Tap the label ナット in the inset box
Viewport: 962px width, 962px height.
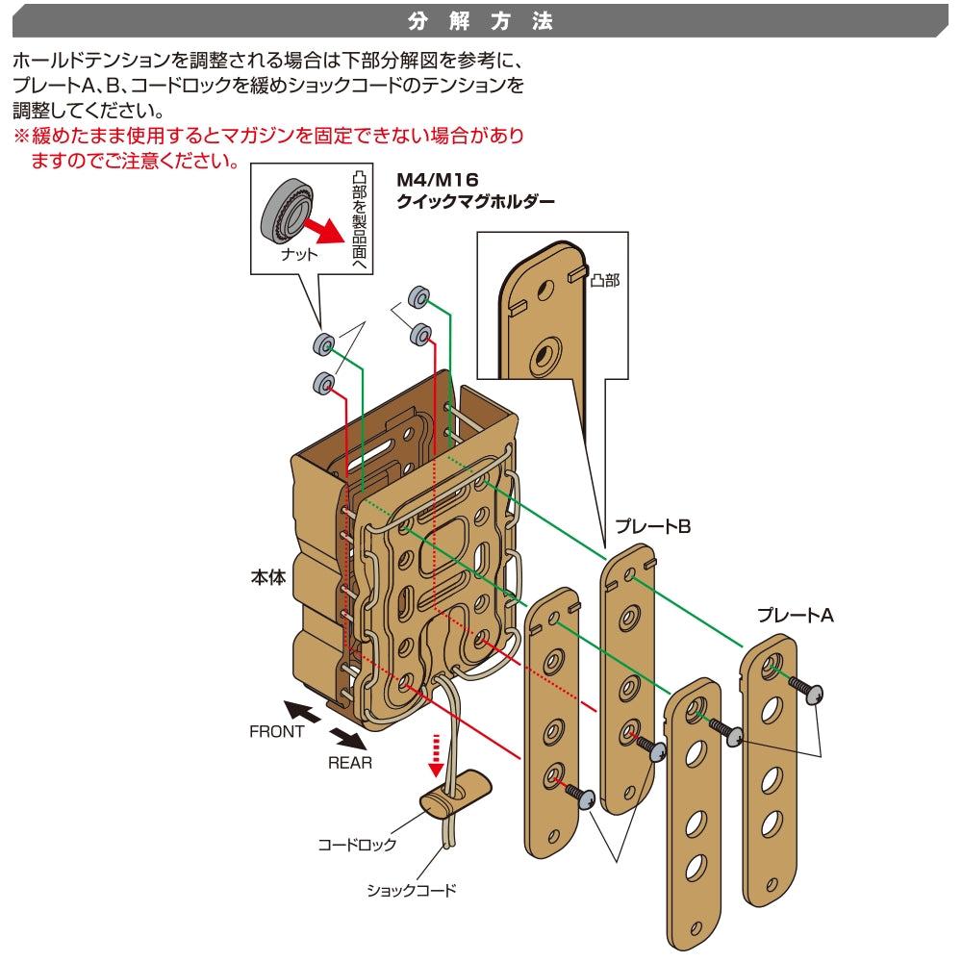click(298, 255)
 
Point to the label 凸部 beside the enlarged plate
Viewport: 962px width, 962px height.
click(605, 280)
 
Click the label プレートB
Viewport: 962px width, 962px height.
click(654, 526)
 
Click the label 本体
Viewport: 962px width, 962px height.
click(267, 579)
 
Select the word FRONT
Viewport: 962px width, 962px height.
click(277, 731)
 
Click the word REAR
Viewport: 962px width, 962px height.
click(349, 763)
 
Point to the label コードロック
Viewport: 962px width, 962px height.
click(357, 846)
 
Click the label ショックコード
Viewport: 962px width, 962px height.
click(412, 890)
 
